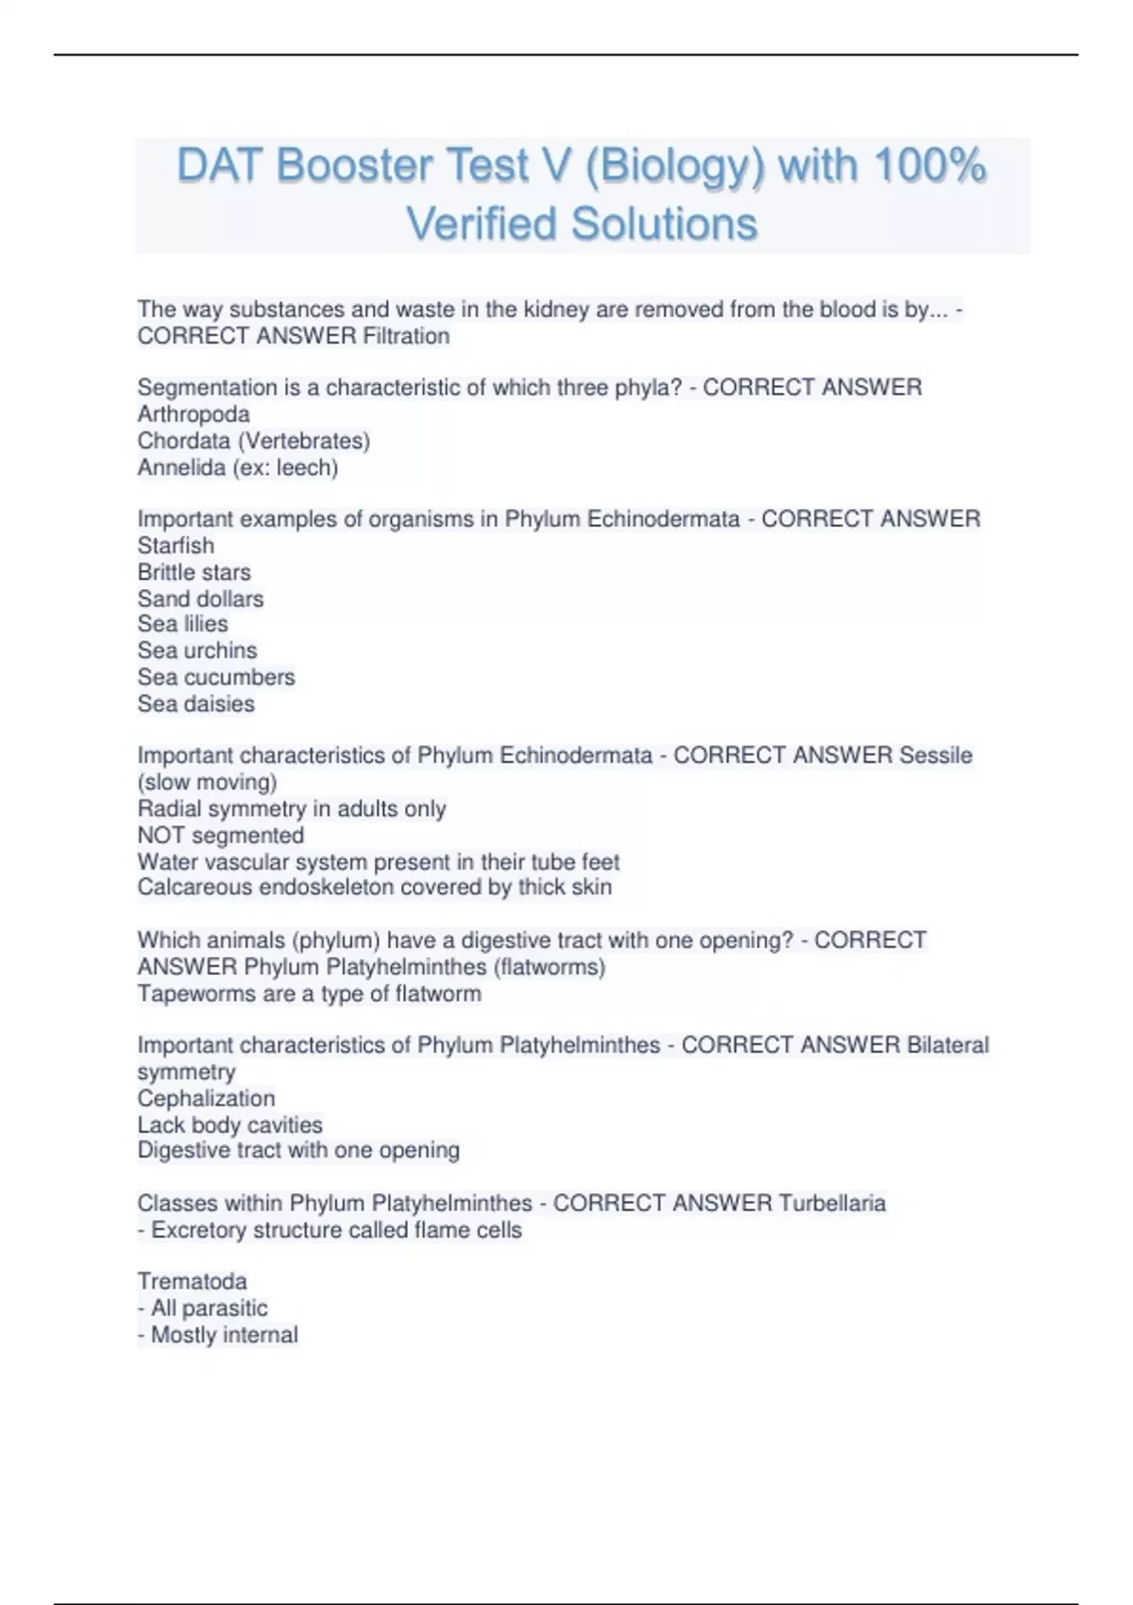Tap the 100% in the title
[930, 166]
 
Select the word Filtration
[406, 336]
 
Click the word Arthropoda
[194, 414]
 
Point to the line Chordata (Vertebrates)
[253, 441]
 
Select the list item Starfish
[176, 546]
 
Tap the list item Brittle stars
[194, 572]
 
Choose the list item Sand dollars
[200, 599]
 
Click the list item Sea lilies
[182, 624]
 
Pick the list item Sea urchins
[196, 650]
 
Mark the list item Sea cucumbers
[215, 677]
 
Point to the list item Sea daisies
[195, 703]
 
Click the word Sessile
[935, 755]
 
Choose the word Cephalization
[206, 1098]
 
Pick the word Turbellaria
[832, 1203]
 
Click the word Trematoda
[192, 1281]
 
